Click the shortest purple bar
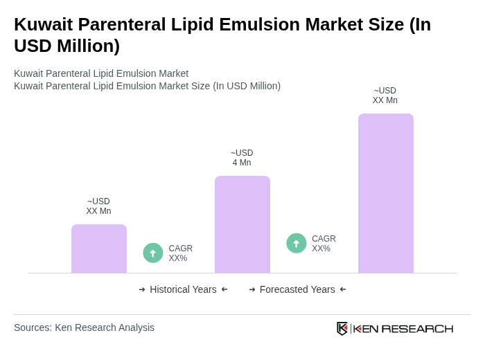coord(99,249)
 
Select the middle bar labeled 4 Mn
coord(242,224)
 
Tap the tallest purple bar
coord(385,193)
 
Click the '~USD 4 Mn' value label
coord(242,158)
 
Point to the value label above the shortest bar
coord(98,206)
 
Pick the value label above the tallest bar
coord(385,96)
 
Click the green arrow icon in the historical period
coord(153,253)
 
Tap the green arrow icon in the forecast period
coord(297,243)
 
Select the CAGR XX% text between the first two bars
coord(180,253)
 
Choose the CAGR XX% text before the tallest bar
coord(324,244)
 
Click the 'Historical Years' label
coord(183,289)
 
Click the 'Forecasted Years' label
coord(297,289)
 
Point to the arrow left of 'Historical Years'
coord(142,289)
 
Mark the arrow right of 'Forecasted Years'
coord(343,289)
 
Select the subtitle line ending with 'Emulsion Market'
coord(101,73)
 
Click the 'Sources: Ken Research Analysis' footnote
coord(84,327)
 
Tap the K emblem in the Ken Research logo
coord(342,328)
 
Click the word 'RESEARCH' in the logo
coord(417,328)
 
